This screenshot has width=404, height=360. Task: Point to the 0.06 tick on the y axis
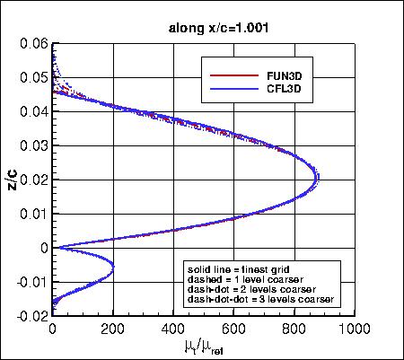click(x=34, y=44)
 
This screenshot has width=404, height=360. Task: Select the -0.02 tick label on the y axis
click(x=31, y=316)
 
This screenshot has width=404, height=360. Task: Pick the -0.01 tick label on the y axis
click(x=31, y=282)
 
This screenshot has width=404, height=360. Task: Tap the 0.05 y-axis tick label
click(x=34, y=78)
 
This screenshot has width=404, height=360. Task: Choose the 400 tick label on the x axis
click(x=173, y=329)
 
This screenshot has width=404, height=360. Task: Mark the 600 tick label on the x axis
click(x=234, y=329)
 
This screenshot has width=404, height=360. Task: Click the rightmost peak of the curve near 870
click(x=317, y=181)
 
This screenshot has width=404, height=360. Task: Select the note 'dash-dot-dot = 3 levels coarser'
click(x=260, y=298)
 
